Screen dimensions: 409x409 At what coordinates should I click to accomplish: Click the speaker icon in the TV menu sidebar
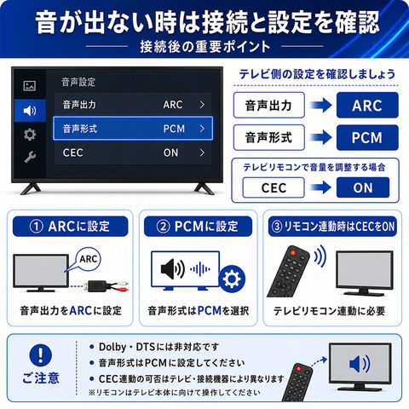coord(30,111)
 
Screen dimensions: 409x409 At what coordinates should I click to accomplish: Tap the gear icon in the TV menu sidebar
coord(30,135)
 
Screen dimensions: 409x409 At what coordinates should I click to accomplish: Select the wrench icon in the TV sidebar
coord(30,157)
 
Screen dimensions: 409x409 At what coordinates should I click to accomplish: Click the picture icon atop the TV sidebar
coord(30,85)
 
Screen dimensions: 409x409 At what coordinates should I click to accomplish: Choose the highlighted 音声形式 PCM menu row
coord(133,129)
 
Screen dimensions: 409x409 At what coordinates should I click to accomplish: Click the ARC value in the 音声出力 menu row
coord(173,105)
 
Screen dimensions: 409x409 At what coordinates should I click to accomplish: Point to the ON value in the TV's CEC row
coord(170,153)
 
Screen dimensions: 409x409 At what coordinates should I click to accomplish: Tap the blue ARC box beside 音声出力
coord(367,105)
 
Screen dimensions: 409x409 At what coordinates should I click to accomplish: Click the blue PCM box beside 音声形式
coord(367,137)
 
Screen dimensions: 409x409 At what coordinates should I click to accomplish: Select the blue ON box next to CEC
coord(363,187)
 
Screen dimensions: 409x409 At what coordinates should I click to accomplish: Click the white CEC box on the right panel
coord(274,187)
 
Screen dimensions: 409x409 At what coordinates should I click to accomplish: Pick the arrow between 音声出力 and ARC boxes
coord(320,106)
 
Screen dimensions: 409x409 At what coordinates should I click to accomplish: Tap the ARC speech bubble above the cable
coord(89,259)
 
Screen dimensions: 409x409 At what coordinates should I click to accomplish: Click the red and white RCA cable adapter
coord(105,285)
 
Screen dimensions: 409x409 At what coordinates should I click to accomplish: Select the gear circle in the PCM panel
coord(232,279)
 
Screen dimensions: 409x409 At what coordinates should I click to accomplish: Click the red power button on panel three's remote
coord(292,252)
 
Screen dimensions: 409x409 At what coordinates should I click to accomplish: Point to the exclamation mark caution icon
coord(41,355)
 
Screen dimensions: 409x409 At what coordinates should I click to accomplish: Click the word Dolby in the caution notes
coord(112,347)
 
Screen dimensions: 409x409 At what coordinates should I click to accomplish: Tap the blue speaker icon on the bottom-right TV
coord(360,364)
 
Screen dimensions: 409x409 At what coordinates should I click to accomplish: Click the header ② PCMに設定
coord(198,227)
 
